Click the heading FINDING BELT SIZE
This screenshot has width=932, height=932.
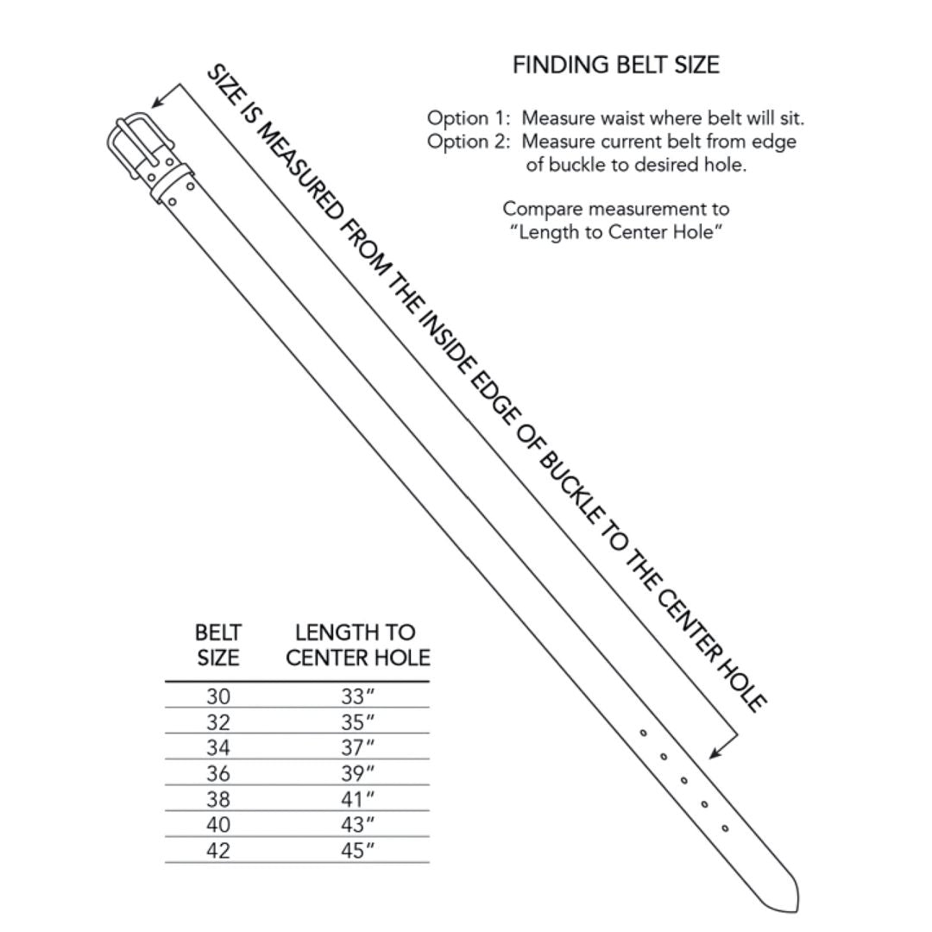click(x=615, y=66)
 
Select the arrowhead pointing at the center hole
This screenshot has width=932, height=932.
click(x=715, y=753)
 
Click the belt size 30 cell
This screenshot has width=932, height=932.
click(x=218, y=696)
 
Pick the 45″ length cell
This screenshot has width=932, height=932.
click(x=357, y=850)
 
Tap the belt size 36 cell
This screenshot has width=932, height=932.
click(x=218, y=773)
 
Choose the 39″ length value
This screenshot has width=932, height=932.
click(x=357, y=773)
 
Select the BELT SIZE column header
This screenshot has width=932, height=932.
click(x=218, y=645)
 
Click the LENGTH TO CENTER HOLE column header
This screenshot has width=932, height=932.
click(x=357, y=645)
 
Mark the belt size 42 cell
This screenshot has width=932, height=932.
click(x=218, y=850)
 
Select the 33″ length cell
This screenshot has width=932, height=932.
click(x=357, y=696)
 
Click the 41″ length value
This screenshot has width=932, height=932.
click(x=357, y=799)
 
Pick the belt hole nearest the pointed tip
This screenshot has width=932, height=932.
click(x=725, y=828)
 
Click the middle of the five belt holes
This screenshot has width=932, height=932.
click(x=683, y=780)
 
